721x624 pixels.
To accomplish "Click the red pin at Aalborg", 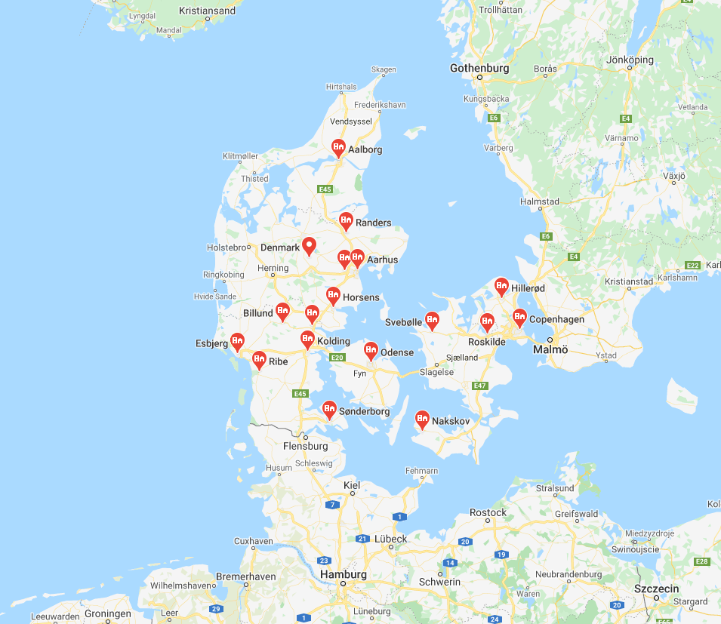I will click(338, 147).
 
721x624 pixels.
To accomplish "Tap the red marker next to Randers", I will click(346, 220).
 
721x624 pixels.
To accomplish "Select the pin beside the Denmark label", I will click(309, 245).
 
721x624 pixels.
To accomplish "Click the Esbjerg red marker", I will click(237, 341).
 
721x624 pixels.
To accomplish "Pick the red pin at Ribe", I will click(259, 359).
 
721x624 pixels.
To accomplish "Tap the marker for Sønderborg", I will click(329, 409).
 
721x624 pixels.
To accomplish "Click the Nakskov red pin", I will click(422, 419).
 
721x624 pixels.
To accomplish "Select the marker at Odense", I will click(371, 350).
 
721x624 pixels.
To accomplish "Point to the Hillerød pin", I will click(501, 286).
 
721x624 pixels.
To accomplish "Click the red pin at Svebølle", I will click(432, 320).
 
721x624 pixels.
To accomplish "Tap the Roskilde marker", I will click(488, 321).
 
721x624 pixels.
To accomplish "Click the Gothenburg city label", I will click(479, 68).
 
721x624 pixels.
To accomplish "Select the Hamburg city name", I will click(344, 574).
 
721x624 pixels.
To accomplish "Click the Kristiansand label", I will click(207, 11).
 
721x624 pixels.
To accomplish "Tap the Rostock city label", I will click(488, 512).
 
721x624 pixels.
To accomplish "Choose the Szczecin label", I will click(657, 589).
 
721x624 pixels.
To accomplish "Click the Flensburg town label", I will click(305, 446).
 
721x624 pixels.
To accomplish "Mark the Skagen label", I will click(384, 69).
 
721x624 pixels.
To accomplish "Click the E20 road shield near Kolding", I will click(337, 358).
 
